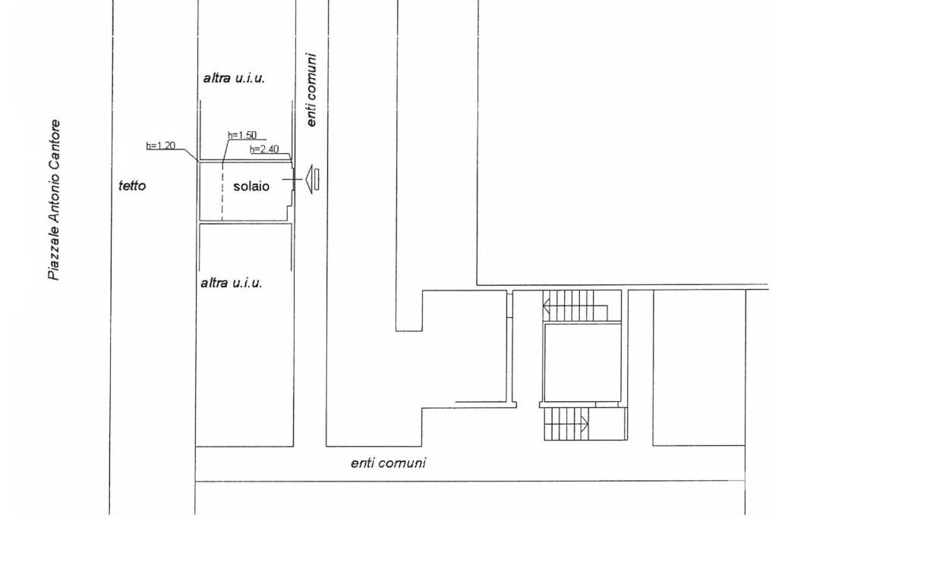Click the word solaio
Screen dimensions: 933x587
[x=251, y=187]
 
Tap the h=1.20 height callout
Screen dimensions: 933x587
[x=161, y=146]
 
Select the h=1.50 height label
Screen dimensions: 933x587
[x=242, y=135]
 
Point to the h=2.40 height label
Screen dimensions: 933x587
[x=264, y=149]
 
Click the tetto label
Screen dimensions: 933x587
[x=132, y=186]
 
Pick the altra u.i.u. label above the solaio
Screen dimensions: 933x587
[x=234, y=78]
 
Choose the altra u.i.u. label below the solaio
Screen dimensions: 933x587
[x=232, y=284]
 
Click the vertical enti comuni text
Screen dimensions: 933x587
[x=311, y=89]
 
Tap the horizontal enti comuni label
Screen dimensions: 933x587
[x=388, y=463]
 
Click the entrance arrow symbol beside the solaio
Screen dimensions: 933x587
[x=309, y=179]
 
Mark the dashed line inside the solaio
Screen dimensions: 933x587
[x=222, y=191]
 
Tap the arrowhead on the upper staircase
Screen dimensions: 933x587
[x=546, y=307]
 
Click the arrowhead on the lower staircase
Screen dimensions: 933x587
[x=585, y=425]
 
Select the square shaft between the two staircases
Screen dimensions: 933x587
[x=583, y=363]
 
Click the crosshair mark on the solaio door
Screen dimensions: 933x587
[x=292, y=179]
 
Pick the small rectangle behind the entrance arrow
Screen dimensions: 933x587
[x=317, y=180]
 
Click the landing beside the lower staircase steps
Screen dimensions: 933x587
[x=609, y=424]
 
